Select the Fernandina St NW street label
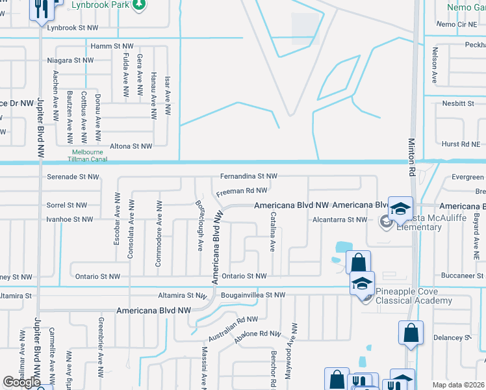[248, 176]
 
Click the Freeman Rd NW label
[241, 190]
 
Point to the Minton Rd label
[411, 157]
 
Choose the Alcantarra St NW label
[340, 220]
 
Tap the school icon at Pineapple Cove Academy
[362, 283]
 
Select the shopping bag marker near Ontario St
[358, 263]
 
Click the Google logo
[21, 382]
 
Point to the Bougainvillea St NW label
[253, 295]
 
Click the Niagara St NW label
[70, 60]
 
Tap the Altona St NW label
[131, 146]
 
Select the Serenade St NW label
[73, 176]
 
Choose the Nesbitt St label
[458, 103]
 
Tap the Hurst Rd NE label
[459, 144]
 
